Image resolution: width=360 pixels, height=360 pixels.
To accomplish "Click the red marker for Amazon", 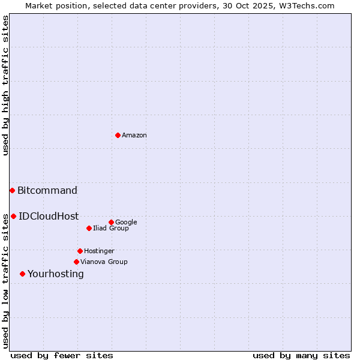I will tap(118, 135).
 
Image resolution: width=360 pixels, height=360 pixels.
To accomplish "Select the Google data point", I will tap(111, 222).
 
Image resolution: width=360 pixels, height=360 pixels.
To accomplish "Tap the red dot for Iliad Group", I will tap(89, 228).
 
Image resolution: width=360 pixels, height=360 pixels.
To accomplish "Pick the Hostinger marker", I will tap(80, 251).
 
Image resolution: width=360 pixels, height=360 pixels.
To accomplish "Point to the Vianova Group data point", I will tap(76, 262).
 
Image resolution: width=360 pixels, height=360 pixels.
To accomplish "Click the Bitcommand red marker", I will tap(12, 190).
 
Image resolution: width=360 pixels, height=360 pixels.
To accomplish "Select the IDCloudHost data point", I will tap(13, 216).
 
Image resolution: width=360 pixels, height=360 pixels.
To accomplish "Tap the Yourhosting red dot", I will tap(22, 274).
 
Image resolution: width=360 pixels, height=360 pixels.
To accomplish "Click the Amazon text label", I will tap(134, 136).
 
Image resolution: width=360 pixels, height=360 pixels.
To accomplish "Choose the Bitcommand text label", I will tap(47, 191).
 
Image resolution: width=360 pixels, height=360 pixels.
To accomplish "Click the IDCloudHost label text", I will tap(49, 217).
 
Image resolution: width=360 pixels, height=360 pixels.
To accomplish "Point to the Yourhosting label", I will tap(56, 274).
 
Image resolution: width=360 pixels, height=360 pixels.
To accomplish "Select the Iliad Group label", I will tap(111, 229).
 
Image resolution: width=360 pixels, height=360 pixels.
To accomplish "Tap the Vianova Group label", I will tap(104, 262).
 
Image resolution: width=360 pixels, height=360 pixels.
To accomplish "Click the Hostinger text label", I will tap(99, 251).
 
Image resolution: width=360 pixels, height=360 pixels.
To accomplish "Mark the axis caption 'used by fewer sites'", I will tap(62, 355).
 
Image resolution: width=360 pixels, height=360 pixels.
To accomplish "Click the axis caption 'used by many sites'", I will tap(301, 355).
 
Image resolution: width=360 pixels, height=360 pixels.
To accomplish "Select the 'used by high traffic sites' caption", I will tap(5, 85).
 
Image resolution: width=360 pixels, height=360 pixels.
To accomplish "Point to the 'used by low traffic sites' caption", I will tap(5, 281).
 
